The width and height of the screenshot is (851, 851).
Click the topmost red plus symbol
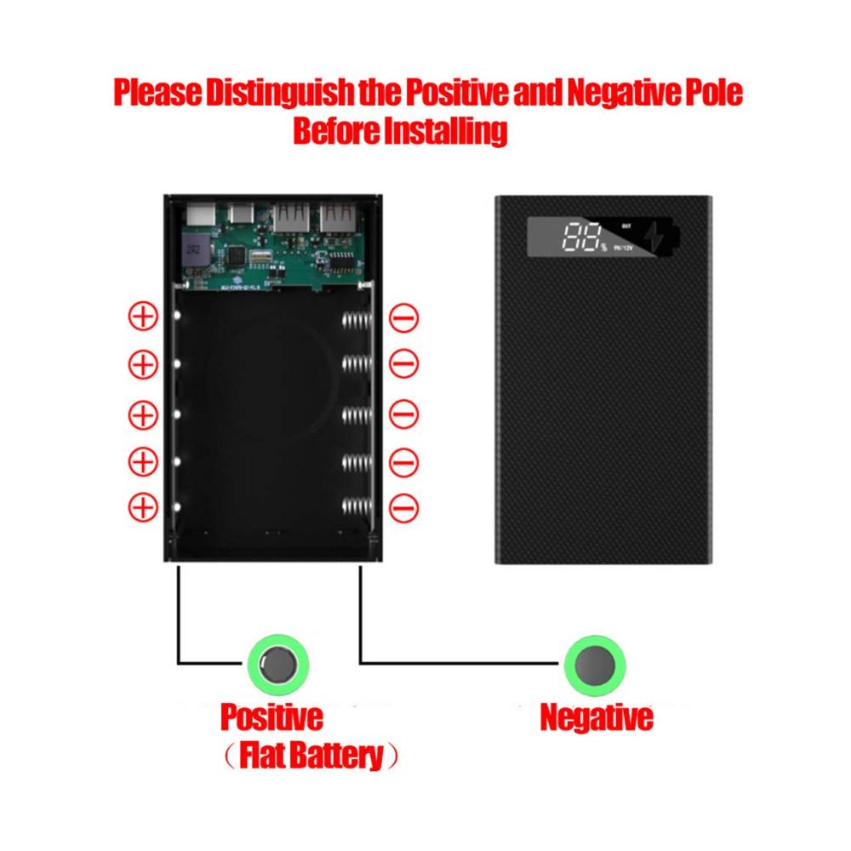pos(143,317)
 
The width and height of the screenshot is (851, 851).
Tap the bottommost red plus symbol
pos(143,508)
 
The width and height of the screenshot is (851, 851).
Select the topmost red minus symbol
pos(403,317)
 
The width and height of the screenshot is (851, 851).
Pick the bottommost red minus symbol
pos(403,508)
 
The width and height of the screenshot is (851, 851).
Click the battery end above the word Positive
pos(277,662)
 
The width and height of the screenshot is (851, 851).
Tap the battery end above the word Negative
pos(596,663)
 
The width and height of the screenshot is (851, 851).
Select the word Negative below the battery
pos(597,717)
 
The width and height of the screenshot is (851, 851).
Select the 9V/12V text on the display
pos(624,248)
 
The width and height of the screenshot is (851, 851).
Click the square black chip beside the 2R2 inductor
pos(240,253)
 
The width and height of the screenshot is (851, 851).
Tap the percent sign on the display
pos(603,247)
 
